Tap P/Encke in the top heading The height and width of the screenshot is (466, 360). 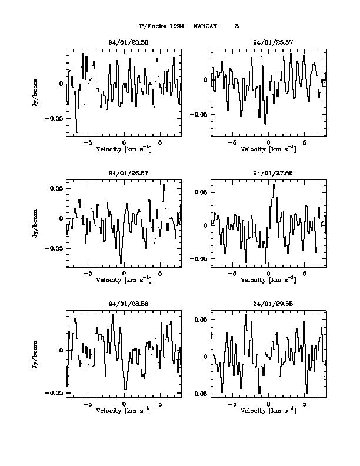152,26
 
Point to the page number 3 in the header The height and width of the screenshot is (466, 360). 236,26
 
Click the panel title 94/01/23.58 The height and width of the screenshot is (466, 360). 124,43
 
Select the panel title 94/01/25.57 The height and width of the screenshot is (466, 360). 268,43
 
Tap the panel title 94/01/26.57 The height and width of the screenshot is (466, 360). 124,174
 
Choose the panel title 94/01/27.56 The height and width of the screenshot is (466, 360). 268,174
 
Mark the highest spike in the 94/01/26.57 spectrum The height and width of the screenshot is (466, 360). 164,185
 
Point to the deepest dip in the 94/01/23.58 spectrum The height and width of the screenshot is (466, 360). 77,132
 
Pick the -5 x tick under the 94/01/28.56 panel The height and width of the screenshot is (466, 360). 88,404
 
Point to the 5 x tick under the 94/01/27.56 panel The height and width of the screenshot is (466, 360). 305,274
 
